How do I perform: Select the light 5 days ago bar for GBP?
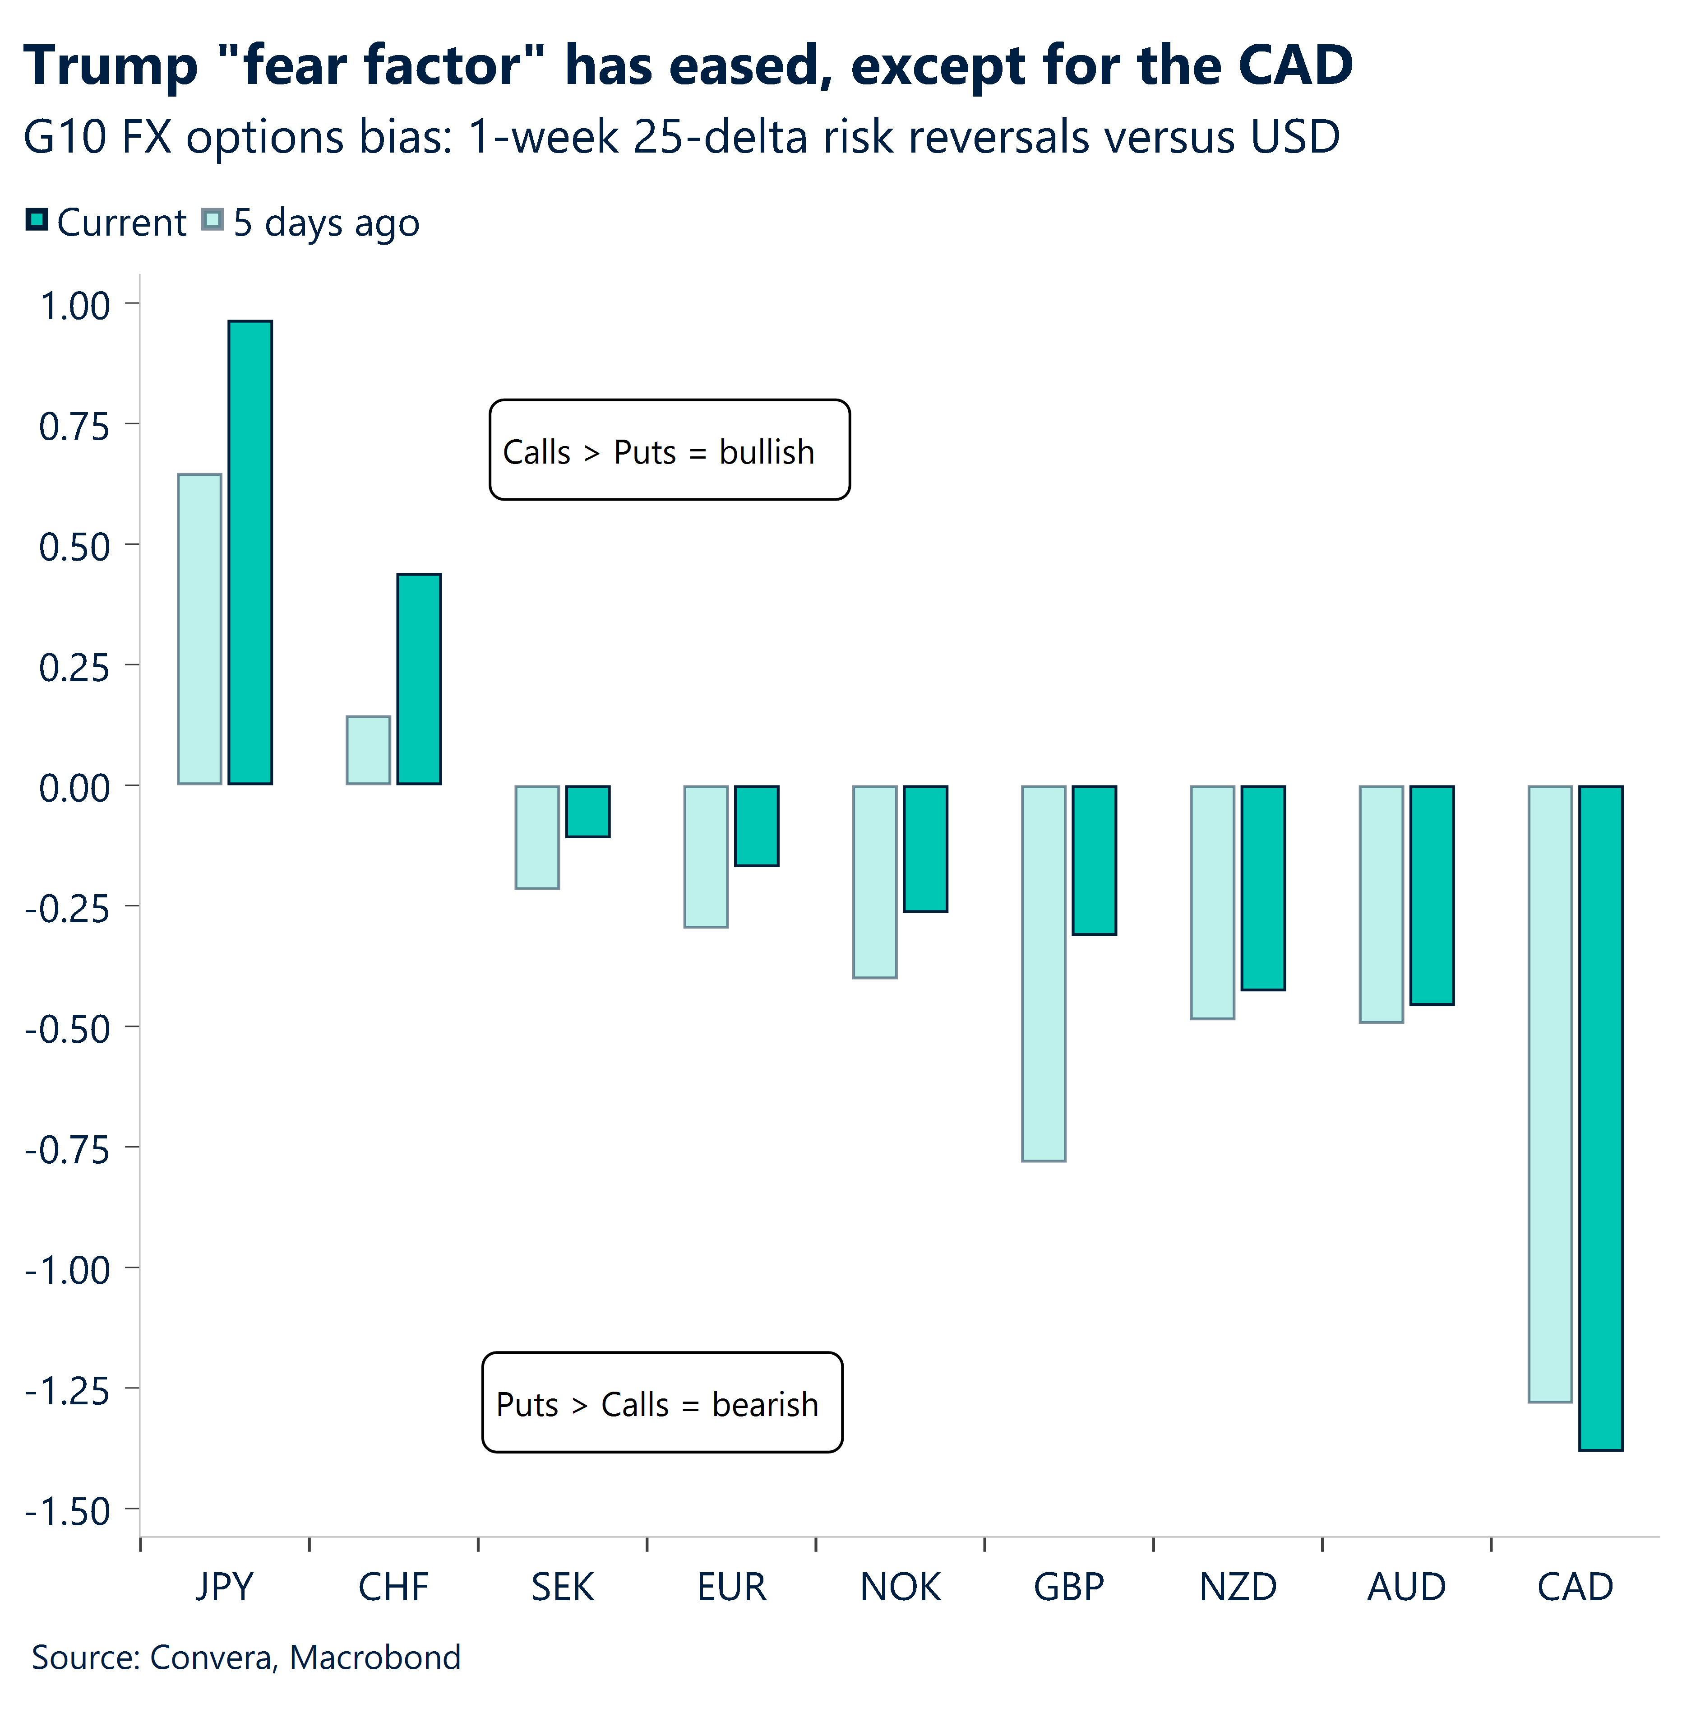(x=1044, y=973)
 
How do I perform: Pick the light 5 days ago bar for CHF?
(x=368, y=750)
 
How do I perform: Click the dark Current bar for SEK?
(x=588, y=811)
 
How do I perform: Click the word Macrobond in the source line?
(x=375, y=1657)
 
